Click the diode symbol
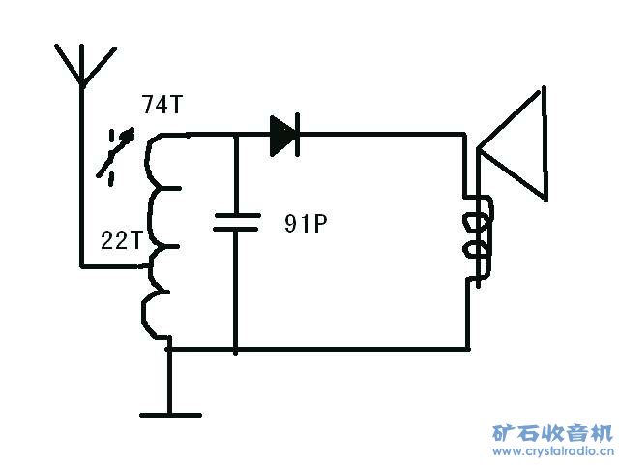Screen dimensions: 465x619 [284, 135]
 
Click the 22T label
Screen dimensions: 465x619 [122, 240]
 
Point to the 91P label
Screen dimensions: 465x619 [307, 225]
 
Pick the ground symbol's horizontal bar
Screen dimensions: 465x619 [171, 415]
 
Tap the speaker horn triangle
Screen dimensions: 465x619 [517, 150]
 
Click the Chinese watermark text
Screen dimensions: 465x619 [552, 433]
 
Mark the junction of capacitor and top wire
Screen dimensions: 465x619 [236, 135]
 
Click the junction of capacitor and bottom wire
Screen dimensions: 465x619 [236, 347]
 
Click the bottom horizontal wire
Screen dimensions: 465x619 [348, 347]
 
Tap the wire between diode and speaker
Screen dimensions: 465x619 [387, 135]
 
